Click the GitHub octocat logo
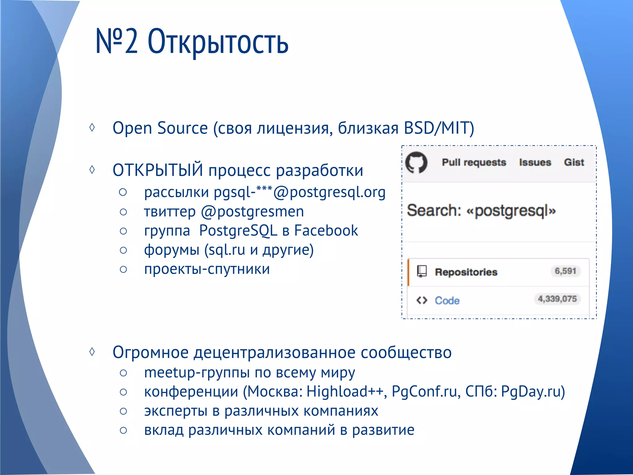(x=416, y=163)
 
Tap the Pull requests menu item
(x=474, y=162)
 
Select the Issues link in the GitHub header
(x=535, y=162)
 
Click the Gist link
(x=574, y=162)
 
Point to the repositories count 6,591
(x=565, y=271)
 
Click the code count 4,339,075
(x=557, y=299)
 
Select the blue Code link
(x=447, y=301)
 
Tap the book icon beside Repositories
(x=422, y=272)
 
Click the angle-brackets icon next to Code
(x=422, y=300)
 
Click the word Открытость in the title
(x=218, y=42)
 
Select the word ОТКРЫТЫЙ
(x=158, y=170)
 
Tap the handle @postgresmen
(x=252, y=212)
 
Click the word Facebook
(x=326, y=231)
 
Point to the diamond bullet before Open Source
(x=92, y=127)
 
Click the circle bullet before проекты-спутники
(x=123, y=269)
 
